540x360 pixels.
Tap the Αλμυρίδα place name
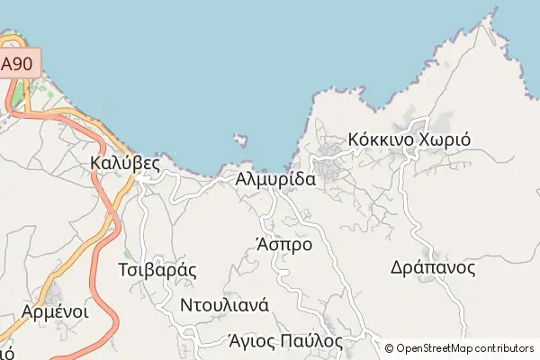[275, 179]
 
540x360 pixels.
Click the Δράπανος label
[433, 267]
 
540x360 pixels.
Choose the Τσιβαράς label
[157, 269]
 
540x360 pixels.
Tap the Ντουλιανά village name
[225, 304]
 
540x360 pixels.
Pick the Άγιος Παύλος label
[286, 341]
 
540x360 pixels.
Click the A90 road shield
[20, 65]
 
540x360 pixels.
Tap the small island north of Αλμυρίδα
[240, 139]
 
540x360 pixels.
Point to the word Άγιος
[252, 341]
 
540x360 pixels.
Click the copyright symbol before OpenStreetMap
[390, 348]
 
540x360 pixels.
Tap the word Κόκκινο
[378, 140]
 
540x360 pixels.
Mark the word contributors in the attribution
[506, 348]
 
